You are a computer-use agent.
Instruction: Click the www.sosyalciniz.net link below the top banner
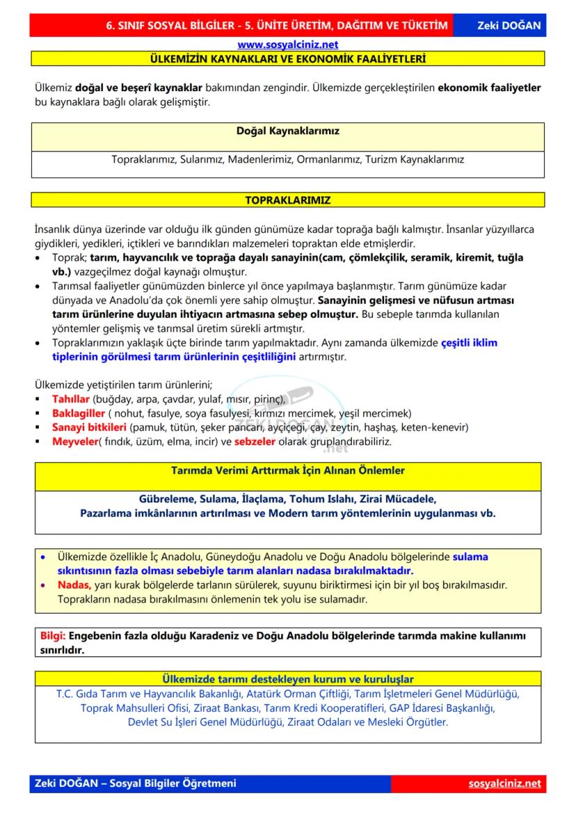tap(287, 45)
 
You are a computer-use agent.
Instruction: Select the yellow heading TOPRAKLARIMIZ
tap(287, 200)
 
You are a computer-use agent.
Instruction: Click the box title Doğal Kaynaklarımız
tap(287, 130)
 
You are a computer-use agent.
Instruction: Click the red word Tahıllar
tap(71, 399)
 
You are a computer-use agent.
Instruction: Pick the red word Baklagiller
tap(78, 413)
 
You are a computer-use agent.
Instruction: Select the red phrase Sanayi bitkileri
tap(89, 427)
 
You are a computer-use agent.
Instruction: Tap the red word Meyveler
tap(74, 441)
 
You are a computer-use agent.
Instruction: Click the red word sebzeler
tap(255, 441)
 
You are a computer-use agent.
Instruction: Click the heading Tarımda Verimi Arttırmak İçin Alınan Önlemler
tap(287, 471)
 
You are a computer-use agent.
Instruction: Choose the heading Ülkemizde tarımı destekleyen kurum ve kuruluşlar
tap(287, 678)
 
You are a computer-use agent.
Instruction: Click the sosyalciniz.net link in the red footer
tap(504, 783)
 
